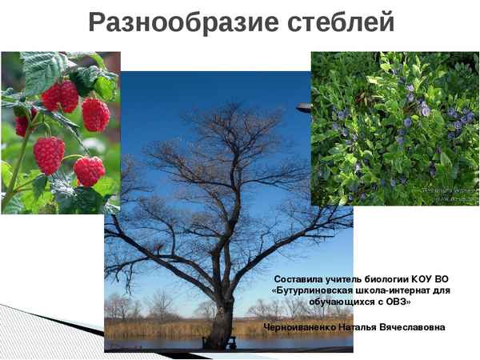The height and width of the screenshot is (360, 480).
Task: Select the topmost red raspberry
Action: point(61,96)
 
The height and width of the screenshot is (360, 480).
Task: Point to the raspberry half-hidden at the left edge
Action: point(21,124)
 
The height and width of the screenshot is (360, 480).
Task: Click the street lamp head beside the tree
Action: point(303,106)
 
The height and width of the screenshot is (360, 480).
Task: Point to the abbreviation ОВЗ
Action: point(399,302)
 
